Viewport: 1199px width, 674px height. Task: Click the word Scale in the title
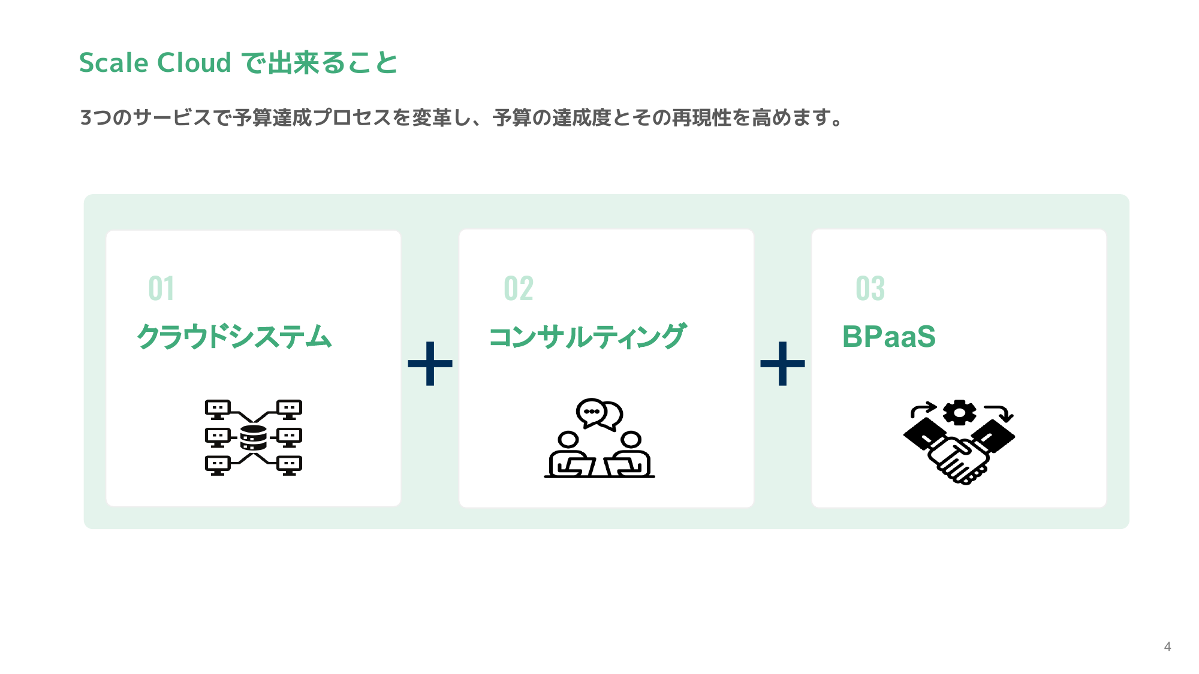[x=113, y=63]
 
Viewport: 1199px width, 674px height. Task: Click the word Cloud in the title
[x=194, y=63]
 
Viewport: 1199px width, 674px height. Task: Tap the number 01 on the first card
[x=161, y=289]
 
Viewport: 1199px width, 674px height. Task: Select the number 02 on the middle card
[x=519, y=289]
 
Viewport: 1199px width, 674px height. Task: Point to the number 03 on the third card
[x=870, y=289]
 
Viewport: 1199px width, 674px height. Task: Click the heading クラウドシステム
[x=234, y=337]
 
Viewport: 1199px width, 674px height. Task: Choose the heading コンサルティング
[x=588, y=337]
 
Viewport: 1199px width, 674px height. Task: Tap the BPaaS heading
[x=888, y=337]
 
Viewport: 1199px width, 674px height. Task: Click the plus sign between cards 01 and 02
[x=430, y=364]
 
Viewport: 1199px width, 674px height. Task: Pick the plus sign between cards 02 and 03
[x=782, y=364]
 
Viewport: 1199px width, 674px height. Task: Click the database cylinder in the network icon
[x=254, y=438]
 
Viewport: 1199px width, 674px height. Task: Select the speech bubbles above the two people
[x=599, y=413]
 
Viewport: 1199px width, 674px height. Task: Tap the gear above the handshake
[x=959, y=412]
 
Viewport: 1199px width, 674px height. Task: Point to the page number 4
[x=1167, y=646]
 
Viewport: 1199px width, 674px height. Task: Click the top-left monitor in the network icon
[x=218, y=409]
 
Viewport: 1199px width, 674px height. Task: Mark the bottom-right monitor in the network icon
[x=290, y=464]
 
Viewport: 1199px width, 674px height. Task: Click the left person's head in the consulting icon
[x=568, y=440]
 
